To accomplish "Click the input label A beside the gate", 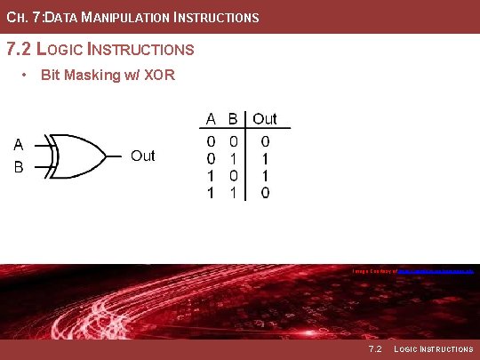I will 18,145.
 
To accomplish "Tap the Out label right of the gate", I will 143,156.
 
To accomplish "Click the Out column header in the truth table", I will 265,118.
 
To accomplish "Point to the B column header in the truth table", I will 232,118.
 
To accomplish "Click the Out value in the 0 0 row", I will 265,140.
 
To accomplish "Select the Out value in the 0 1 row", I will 265,157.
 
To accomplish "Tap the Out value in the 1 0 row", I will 265,174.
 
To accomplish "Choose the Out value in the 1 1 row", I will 265,191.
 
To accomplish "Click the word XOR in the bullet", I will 160,75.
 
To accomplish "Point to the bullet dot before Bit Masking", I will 26,75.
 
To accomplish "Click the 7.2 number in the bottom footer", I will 375,349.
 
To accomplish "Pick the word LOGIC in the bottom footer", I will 407,349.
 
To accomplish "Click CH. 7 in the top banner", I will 20,17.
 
